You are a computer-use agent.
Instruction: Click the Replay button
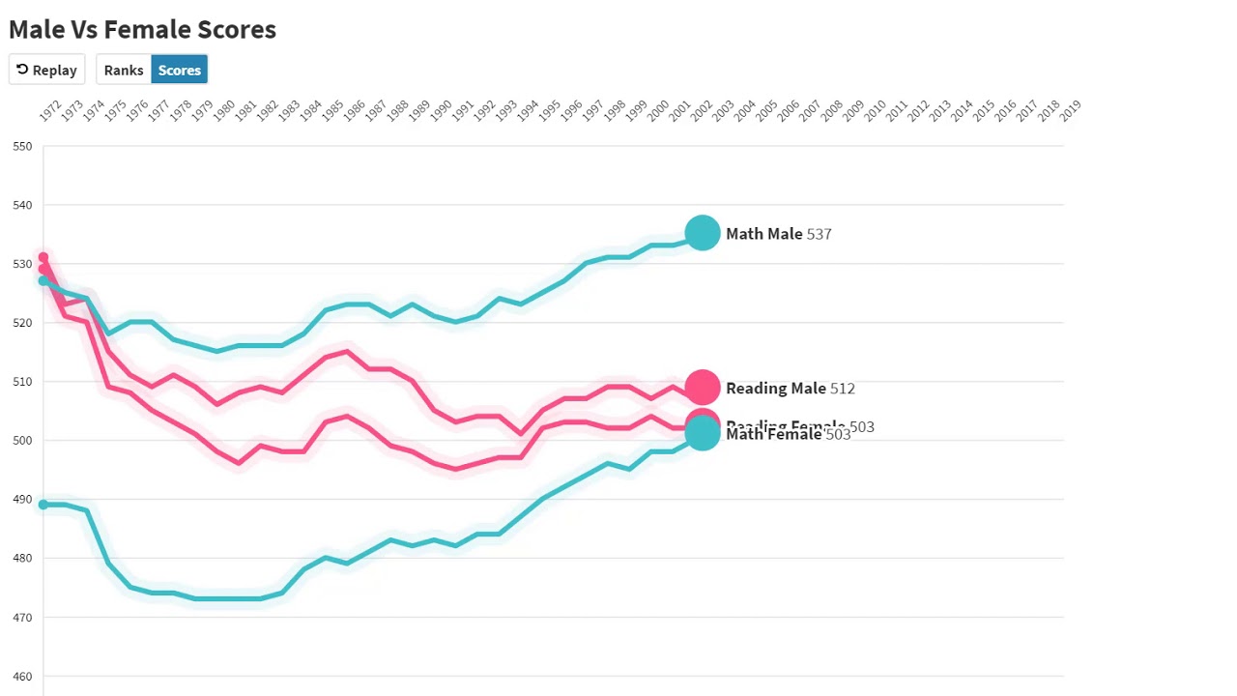point(46,70)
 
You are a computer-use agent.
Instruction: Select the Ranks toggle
point(124,70)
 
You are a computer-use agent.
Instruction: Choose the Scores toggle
point(180,70)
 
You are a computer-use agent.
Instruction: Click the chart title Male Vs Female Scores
point(142,29)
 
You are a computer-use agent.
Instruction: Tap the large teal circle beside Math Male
point(703,233)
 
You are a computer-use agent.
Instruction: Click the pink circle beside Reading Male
point(703,388)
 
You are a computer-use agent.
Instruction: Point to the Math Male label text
point(763,234)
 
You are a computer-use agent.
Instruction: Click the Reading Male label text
point(775,389)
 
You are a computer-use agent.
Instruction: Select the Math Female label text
point(773,435)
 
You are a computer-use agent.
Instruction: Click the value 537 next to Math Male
point(819,234)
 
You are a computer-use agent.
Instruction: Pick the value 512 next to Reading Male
point(842,389)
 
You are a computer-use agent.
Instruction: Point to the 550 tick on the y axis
point(22,147)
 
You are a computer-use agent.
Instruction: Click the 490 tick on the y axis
point(22,500)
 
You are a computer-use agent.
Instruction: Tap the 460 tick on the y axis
point(22,677)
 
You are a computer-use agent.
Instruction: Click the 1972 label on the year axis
point(50,111)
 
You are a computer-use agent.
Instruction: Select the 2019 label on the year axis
point(1070,111)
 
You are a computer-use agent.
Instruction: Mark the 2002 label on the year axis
point(701,111)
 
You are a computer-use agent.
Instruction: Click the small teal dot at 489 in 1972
point(43,505)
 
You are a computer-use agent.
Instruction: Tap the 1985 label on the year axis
point(332,111)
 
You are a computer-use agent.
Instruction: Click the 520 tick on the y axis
point(22,323)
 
